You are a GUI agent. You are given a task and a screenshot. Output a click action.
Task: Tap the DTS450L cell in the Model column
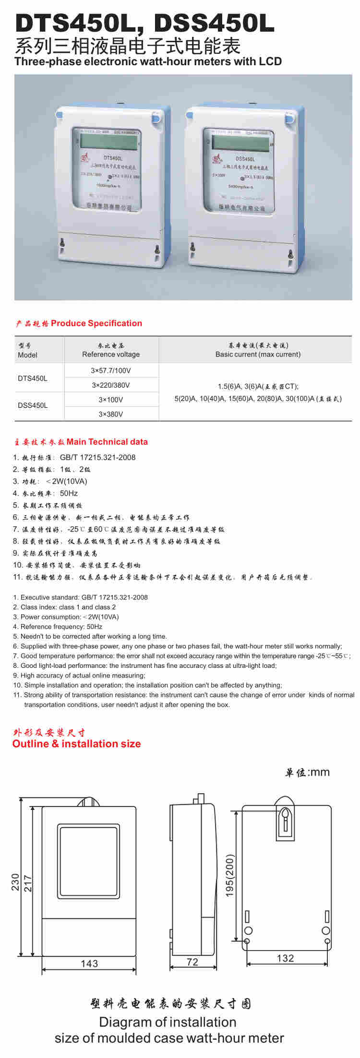(33, 378)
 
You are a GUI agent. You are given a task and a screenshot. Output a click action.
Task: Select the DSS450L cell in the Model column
(33, 405)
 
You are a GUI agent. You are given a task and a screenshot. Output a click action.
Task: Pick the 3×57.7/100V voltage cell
(111, 371)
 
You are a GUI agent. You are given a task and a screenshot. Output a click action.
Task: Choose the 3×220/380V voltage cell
(111, 385)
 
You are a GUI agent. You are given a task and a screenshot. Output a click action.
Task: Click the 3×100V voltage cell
(111, 400)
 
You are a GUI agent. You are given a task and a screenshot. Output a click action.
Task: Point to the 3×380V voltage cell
(111, 414)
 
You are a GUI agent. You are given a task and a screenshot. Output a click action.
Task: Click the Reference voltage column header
(111, 355)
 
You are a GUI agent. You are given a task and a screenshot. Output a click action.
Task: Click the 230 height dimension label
(15, 881)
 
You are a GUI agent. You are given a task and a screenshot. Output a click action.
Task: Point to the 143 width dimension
(89, 963)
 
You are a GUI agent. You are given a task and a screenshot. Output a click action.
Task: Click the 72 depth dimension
(192, 962)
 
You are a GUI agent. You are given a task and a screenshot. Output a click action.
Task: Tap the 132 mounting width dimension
(285, 958)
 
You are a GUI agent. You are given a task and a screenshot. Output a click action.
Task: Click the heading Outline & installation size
(77, 744)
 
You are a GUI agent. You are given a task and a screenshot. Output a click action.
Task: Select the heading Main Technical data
(107, 442)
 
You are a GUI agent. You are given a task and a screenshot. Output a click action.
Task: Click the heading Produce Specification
(96, 323)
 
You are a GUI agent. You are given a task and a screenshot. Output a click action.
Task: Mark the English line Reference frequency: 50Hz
(61, 627)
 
